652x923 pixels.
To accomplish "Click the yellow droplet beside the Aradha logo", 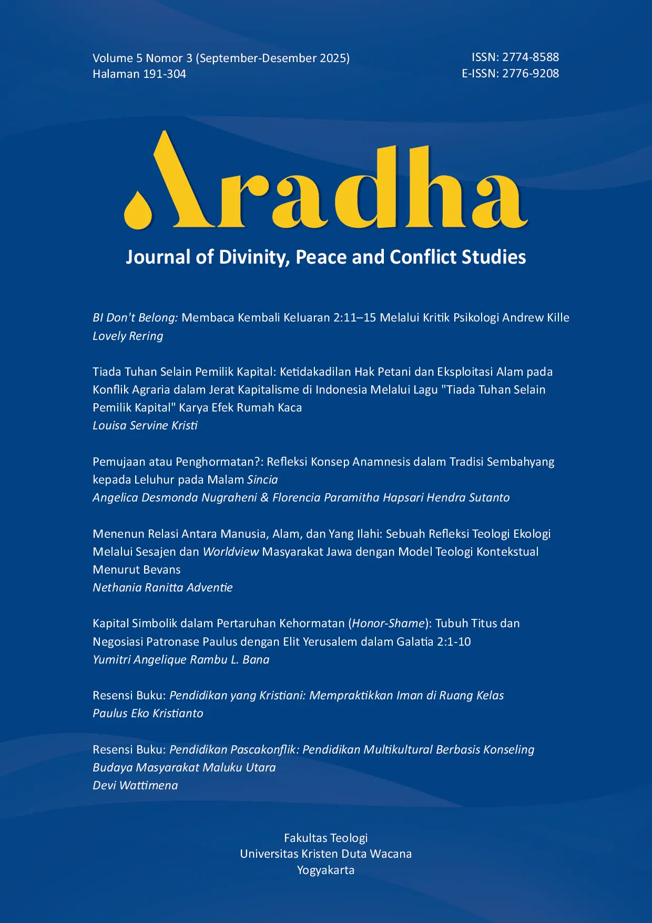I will pos(138,211).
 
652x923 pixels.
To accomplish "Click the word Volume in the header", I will pos(113,58).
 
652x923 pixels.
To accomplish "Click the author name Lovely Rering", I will pos(128,336).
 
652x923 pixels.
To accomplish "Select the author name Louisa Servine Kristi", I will pos(145,425).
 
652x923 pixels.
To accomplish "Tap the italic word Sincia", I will pos(262,479).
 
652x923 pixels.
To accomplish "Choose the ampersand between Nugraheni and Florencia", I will pos(264,497).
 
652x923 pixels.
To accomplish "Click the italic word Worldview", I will pos(231,551).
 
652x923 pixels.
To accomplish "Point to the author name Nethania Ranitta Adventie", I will pos(162,587).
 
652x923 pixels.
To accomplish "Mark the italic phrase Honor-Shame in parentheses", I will pos(388,623).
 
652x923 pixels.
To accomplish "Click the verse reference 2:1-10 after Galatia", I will pos(454,641).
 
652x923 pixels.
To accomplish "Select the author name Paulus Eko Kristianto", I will pos(148,713).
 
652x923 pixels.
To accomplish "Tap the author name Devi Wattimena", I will pos(135,785).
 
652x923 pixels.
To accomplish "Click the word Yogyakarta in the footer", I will pos(325,870).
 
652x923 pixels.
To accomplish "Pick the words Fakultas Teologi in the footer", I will pos(325,838).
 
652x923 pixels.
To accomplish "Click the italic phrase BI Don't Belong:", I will pos(135,317).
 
